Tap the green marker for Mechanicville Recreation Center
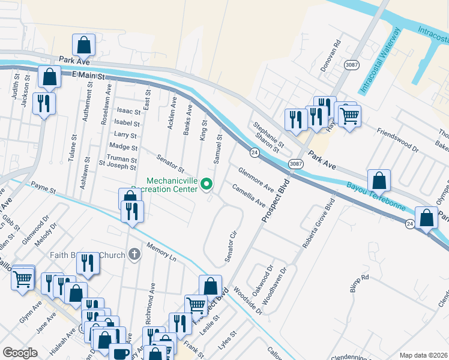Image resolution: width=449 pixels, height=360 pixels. pos(207,184)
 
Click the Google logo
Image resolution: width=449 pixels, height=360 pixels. pos(20,352)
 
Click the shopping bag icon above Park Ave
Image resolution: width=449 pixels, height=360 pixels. pos(83,44)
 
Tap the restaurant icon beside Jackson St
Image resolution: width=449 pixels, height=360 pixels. pos(44,103)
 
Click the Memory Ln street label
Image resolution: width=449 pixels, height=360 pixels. pos(161,252)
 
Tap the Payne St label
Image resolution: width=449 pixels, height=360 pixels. pos(43,189)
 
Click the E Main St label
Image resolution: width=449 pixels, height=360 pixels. pos(88,76)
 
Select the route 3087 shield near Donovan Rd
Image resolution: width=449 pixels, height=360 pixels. pos(351,64)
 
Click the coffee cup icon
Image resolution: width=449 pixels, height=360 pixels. pos(119,353)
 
